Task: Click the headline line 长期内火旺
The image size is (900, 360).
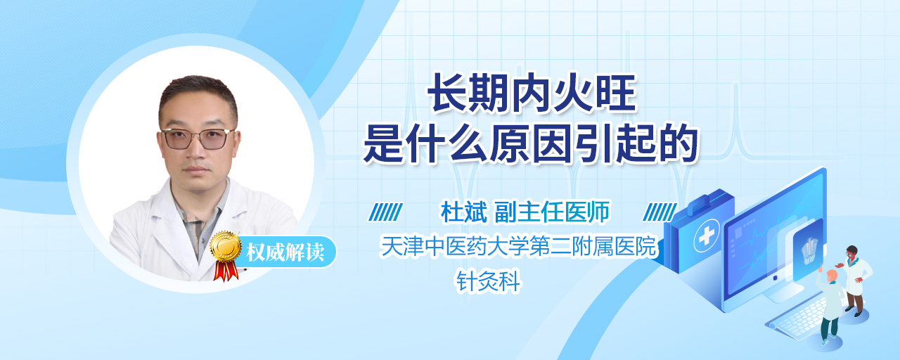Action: pyautogui.click(x=532, y=94)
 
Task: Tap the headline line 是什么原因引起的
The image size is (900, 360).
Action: pyautogui.click(x=530, y=143)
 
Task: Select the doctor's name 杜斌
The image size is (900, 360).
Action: pyautogui.click(x=463, y=212)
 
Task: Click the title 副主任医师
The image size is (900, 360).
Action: pyautogui.click(x=552, y=212)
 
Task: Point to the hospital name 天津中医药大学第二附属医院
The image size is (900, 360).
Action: pyautogui.click(x=518, y=246)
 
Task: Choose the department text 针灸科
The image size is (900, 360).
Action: pyautogui.click(x=488, y=281)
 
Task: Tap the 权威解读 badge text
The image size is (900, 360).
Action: pyautogui.click(x=285, y=252)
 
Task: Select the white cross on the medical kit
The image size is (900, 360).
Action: pyautogui.click(x=707, y=236)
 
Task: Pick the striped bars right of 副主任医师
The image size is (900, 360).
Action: pyautogui.click(x=660, y=212)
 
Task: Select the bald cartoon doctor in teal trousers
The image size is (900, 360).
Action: pyautogui.click(x=830, y=305)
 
